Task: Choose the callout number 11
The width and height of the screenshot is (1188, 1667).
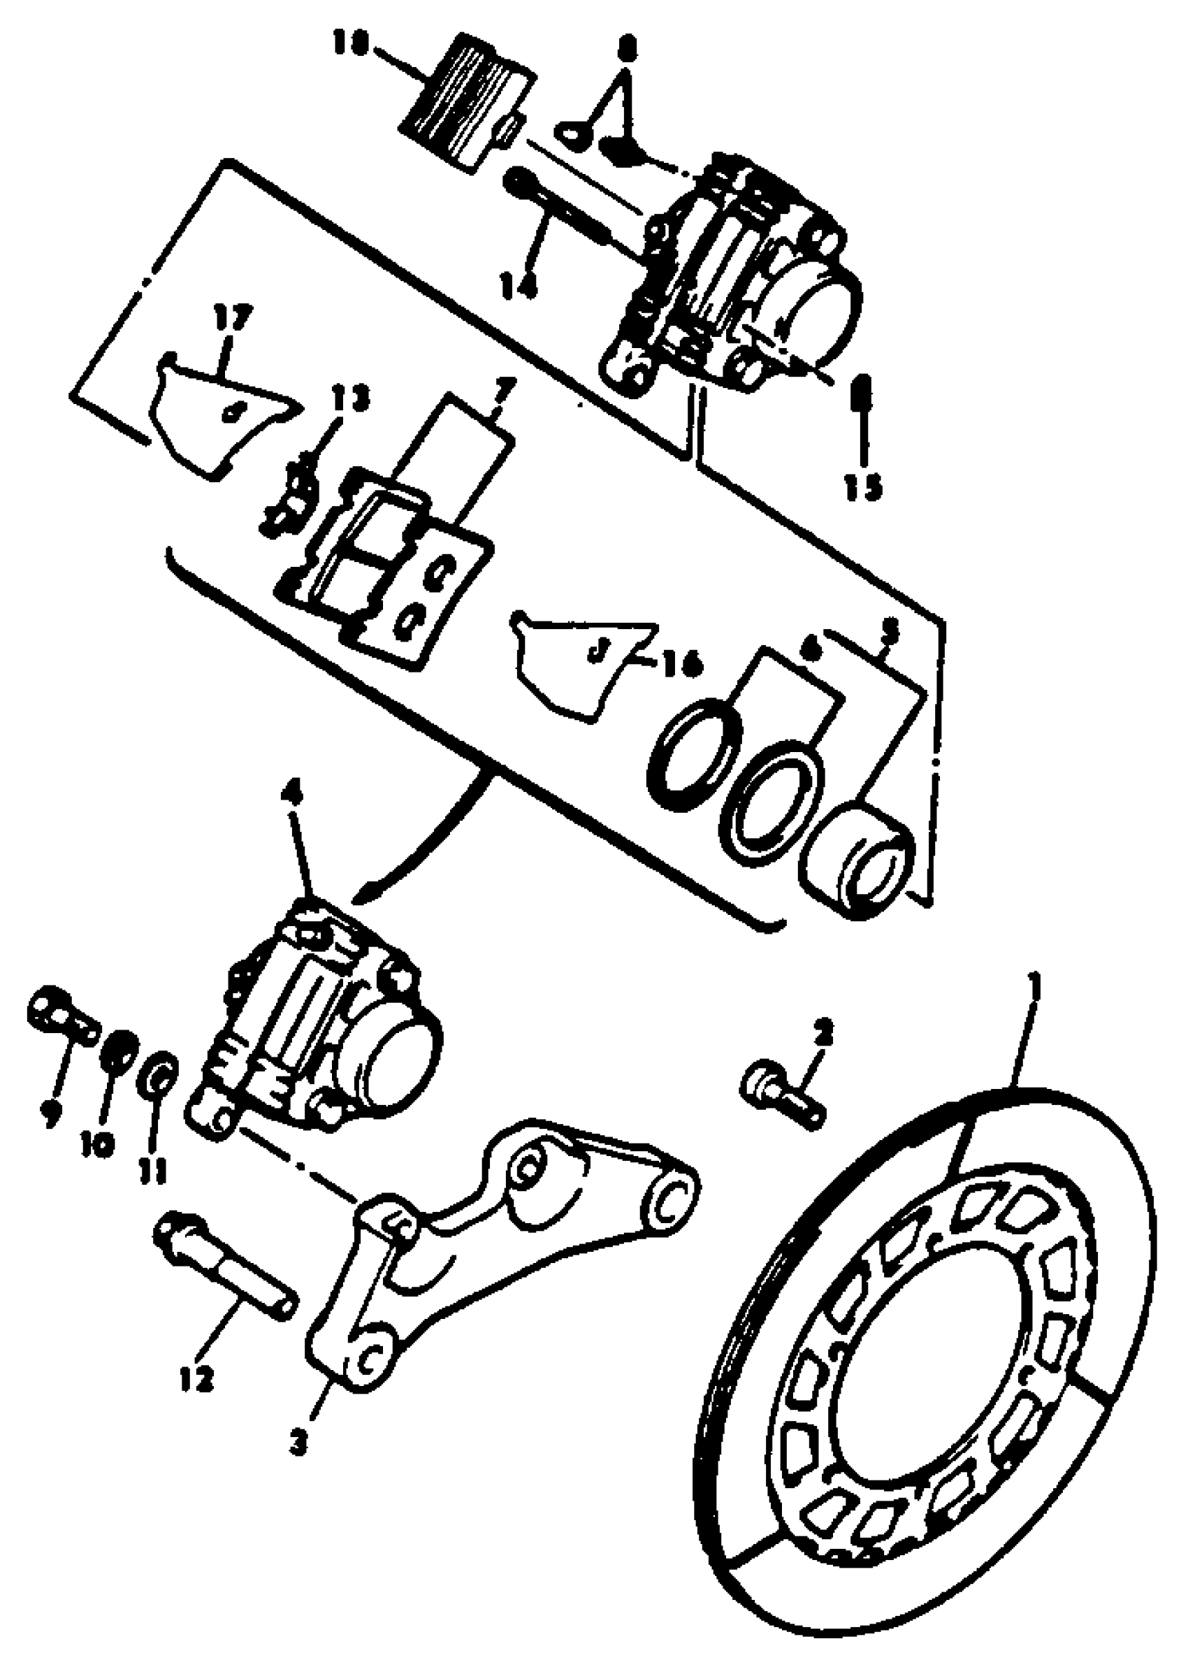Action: [x=154, y=1172]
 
